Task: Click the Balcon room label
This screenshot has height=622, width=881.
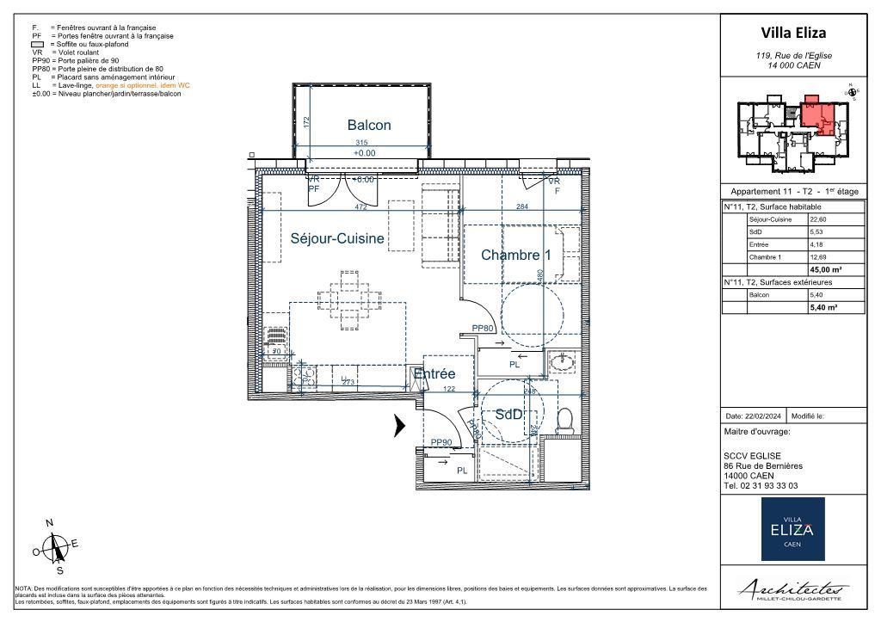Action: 368,125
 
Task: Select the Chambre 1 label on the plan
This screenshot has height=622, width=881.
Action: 515,255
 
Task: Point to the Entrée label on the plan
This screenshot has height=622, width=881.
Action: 434,374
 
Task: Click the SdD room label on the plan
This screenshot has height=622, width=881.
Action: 508,415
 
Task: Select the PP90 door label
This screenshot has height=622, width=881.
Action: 441,442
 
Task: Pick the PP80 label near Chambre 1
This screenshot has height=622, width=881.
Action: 483,328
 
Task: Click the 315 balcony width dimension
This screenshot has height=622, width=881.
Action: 362,144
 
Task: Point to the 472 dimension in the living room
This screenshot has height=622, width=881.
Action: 361,206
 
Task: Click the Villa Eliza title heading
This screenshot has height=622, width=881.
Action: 792,33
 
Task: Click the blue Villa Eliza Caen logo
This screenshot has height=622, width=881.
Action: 792,528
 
